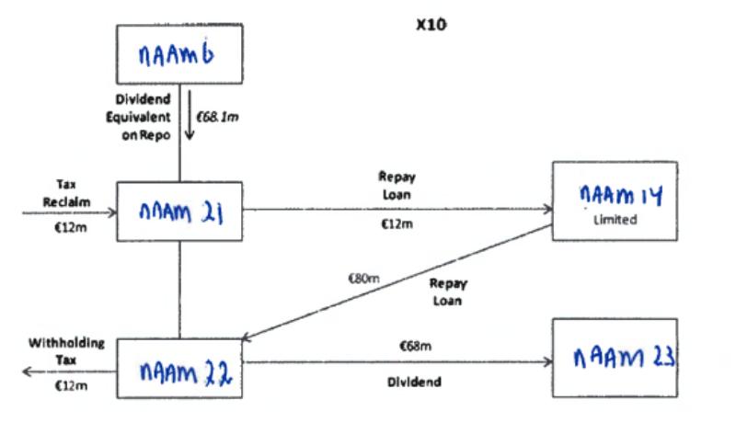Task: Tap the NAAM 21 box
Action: coord(179,211)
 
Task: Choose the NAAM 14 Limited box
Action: coord(615,200)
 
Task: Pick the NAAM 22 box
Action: coord(179,372)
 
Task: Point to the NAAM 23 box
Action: coord(615,357)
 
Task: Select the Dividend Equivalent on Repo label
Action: coord(143,116)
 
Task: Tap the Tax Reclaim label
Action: coord(65,190)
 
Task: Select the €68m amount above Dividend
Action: coord(416,346)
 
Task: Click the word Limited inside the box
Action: coord(615,221)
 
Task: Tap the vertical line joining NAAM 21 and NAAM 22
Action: coord(179,291)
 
